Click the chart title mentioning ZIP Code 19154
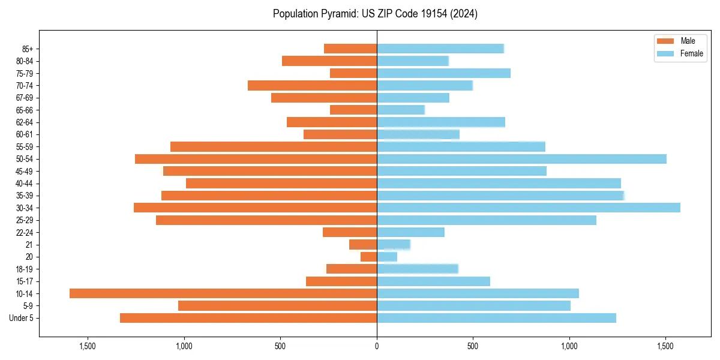click(x=375, y=14)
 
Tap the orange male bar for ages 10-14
click(x=223, y=293)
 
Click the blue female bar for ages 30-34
click(x=528, y=208)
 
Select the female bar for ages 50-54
click(x=521, y=159)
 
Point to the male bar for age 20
click(x=368, y=257)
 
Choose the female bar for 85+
click(x=440, y=49)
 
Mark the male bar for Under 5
click(x=248, y=318)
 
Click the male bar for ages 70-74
click(x=312, y=85)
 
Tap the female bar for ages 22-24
click(x=410, y=232)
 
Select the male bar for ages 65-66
click(x=353, y=110)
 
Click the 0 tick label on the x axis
click(x=377, y=346)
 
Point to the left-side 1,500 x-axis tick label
click(x=88, y=346)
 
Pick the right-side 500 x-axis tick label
click(x=473, y=346)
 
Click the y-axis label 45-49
click(x=25, y=171)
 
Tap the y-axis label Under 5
click(x=21, y=318)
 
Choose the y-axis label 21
click(x=29, y=245)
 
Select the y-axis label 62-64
click(x=25, y=122)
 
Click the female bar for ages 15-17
click(x=433, y=281)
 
